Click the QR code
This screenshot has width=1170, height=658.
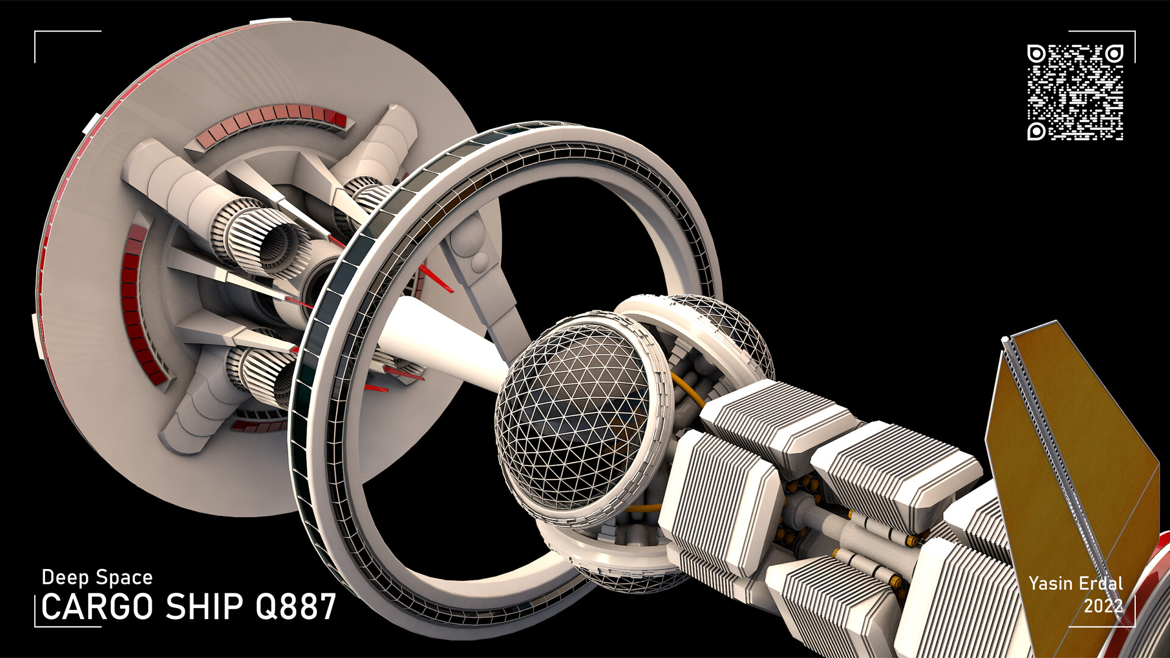(x=1075, y=92)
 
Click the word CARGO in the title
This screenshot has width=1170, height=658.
(x=97, y=607)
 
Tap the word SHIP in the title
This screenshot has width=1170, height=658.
(x=205, y=607)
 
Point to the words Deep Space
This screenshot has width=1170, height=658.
(x=97, y=577)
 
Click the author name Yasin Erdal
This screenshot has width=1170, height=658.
(x=1076, y=584)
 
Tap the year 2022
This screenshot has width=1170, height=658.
(x=1103, y=606)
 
